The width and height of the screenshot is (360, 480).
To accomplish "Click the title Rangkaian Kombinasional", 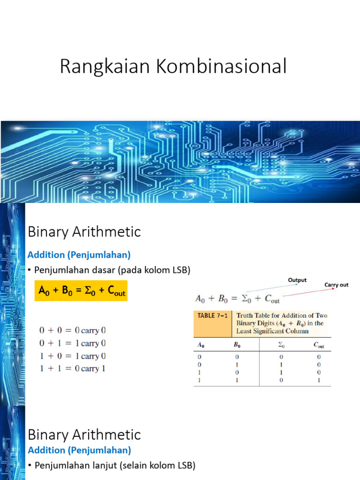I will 172,67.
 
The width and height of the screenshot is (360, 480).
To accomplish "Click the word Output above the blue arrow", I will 297,280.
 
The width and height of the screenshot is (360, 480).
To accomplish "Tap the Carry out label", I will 337,285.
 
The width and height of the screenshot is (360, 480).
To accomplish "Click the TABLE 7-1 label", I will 212,315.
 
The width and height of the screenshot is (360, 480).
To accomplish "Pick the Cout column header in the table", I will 319,346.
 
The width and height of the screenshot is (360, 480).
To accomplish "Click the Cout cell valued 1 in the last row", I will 319,380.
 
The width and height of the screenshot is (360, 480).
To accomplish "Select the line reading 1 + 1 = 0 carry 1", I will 72,368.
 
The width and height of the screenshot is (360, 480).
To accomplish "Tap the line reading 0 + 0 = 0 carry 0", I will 72,330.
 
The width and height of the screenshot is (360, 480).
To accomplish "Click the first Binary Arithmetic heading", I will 84,232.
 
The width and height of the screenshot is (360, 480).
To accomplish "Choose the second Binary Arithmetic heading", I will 84,435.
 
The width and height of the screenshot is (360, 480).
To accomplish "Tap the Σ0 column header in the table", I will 281,346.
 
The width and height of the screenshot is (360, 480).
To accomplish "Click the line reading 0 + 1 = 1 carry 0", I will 72,343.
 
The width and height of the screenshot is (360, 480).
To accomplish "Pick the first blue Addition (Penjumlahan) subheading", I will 79,255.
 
